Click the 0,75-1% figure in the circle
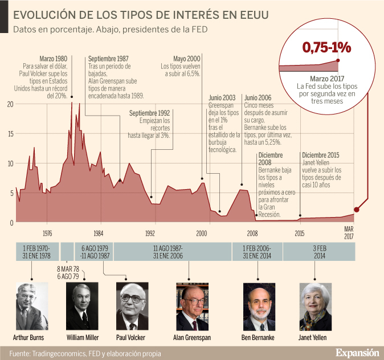[x=326, y=47]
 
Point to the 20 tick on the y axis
[x=10, y=104]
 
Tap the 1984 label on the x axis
[x=99, y=233]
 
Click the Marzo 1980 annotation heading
[x=54, y=59]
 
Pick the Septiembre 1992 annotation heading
[x=150, y=113]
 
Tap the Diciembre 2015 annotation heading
[x=321, y=154]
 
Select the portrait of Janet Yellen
[x=313, y=306]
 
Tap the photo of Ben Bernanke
[x=258, y=306]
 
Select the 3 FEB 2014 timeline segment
[x=319, y=251]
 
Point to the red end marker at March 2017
[x=357, y=210]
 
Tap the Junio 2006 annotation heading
[x=257, y=97]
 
